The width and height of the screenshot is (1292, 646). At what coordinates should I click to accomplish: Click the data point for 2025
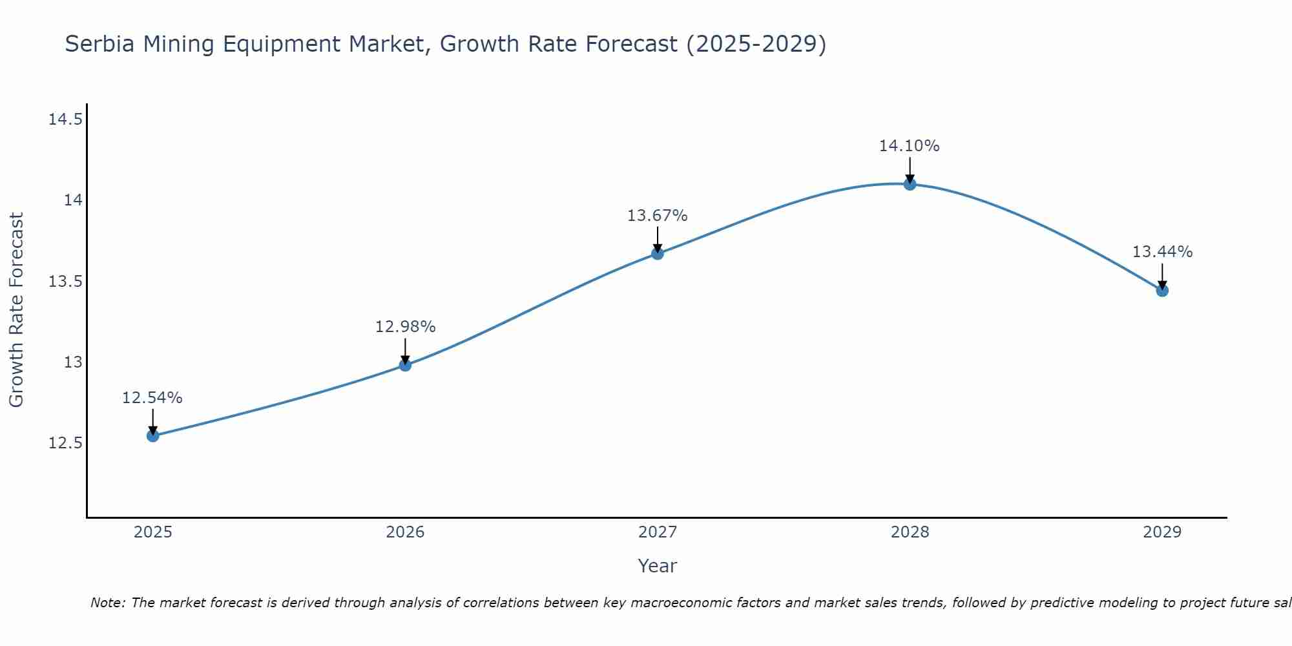[152, 435]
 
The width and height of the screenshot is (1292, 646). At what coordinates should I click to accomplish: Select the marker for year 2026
[405, 365]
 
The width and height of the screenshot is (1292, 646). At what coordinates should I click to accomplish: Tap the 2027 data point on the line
[657, 253]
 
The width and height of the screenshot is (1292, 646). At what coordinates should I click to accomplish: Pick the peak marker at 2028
[910, 184]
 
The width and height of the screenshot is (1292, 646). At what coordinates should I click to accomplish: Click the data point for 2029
[1162, 291]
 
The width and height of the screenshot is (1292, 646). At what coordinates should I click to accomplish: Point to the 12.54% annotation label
[152, 398]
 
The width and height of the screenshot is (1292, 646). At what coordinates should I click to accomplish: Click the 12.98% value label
[405, 327]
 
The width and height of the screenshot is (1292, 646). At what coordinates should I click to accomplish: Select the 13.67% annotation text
[657, 216]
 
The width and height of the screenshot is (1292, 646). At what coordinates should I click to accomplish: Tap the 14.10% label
[909, 146]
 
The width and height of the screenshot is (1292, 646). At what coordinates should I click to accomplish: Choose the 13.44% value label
[1162, 252]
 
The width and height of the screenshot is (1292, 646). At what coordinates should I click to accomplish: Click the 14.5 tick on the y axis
[65, 120]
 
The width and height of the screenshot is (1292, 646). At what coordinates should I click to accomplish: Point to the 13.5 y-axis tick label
[65, 282]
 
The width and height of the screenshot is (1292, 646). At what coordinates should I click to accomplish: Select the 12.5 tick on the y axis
[65, 443]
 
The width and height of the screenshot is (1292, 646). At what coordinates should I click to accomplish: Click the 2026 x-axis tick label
[405, 532]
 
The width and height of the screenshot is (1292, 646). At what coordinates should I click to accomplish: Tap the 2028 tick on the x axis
[910, 532]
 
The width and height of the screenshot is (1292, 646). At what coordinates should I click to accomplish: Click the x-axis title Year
[657, 566]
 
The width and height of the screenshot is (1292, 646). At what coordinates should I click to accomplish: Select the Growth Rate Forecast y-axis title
[17, 310]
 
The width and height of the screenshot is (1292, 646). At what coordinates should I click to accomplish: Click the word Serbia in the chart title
[100, 45]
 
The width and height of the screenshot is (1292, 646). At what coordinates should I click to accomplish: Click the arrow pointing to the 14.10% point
[910, 169]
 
